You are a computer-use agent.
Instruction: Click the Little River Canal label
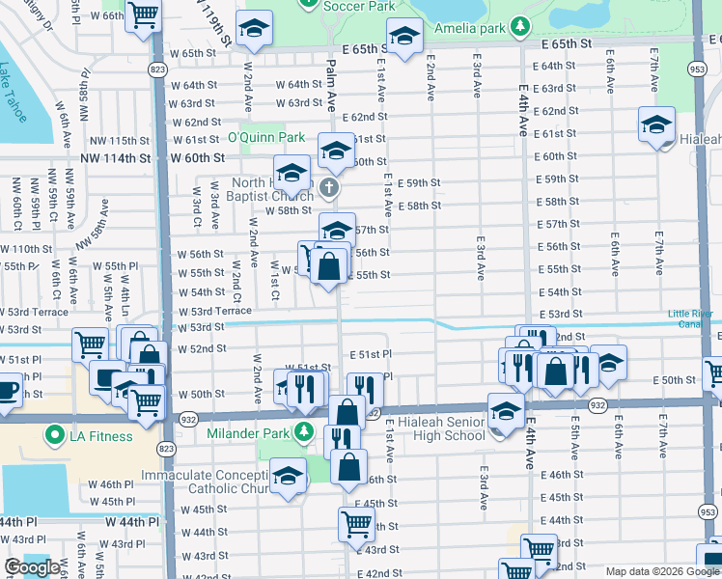693,319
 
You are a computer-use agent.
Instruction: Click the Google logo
33,567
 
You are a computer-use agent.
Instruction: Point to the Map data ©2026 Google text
662,571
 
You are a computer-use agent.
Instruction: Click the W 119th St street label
214,23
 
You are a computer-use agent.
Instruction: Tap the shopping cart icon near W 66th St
144,14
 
